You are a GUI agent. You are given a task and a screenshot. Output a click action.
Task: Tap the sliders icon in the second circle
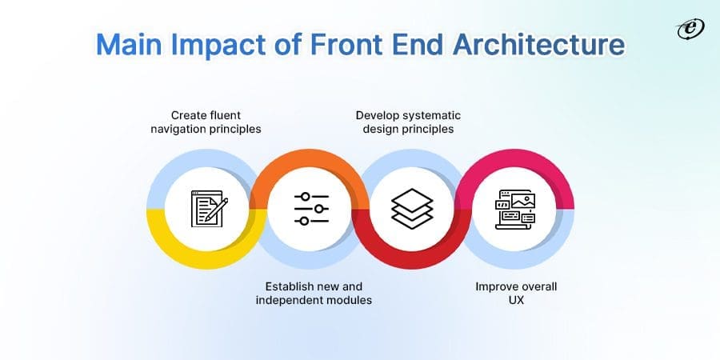310,209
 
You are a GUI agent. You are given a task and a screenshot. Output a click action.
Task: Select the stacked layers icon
412,209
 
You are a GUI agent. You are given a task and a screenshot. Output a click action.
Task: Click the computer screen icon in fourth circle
514,209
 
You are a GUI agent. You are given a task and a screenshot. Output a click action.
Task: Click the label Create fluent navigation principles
206,122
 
